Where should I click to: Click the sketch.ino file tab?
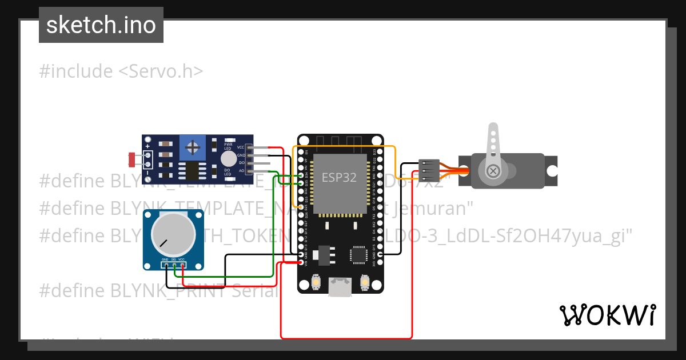pyautogui.click(x=101, y=25)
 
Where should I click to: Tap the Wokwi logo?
pyautogui.click(x=607, y=315)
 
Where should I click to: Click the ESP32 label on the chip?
pyautogui.click(x=339, y=178)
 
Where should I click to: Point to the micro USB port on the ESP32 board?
pyautogui.click(x=341, y=287)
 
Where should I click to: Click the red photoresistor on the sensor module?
pyautogui.click(x=132, y=159)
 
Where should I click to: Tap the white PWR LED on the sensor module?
pyautogui.click(x=228, y=159)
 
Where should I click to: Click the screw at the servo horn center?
pyautogui.click(x=493, y=171)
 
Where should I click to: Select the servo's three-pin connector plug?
pyautogui.click(x=429, y=170)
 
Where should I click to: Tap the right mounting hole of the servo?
pyautogui.click(x=552, y=171)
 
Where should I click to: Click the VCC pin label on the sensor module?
pyautogui.click(x=241, y=147)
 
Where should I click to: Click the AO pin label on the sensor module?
pyautogui.click(x=241, y=170)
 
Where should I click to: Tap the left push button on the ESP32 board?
pyautogui.click(x=316, y=282)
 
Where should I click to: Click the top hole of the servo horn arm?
pyautogui.click(x=492, y=130)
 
